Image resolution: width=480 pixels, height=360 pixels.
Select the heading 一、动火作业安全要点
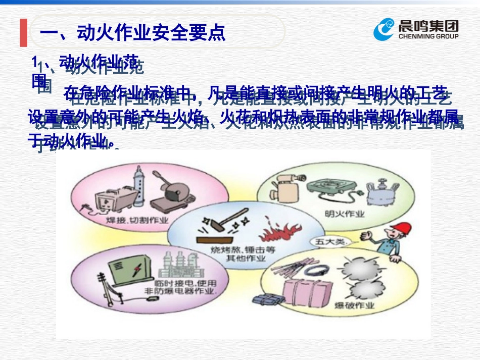pos(132,33)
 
